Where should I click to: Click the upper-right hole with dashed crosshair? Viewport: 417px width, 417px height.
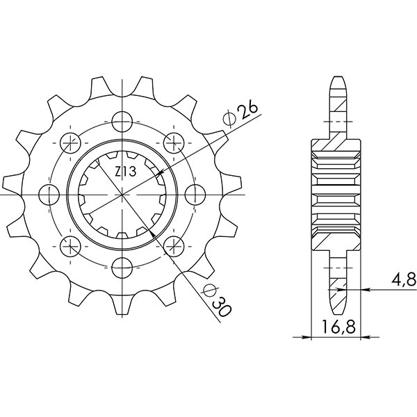point(172,142)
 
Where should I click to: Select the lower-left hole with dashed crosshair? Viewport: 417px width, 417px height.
point(71,243)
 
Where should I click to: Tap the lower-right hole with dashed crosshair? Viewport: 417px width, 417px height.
point(173,243)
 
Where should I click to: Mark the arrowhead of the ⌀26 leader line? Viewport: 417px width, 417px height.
point(161,172)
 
